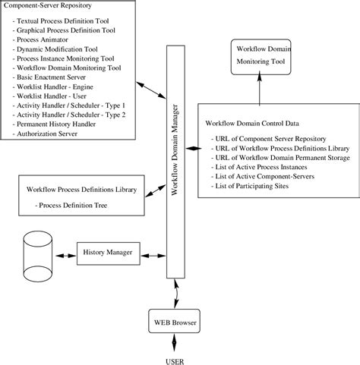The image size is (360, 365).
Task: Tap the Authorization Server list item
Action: click(x=51, y=131)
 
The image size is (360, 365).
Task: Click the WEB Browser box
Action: click(x=176, y=323)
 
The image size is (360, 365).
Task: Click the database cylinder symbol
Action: click(x=37, y=254)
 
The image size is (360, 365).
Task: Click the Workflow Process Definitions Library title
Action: click(x=82, y=189)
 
